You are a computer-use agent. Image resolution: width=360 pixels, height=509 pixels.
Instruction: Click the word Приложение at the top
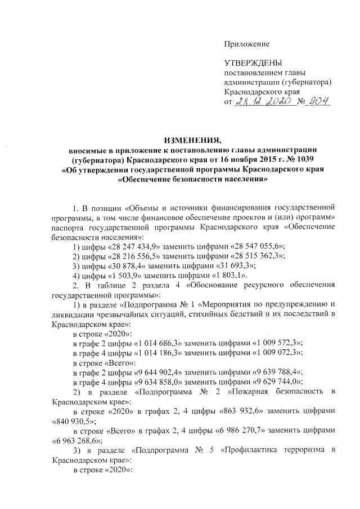247,44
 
